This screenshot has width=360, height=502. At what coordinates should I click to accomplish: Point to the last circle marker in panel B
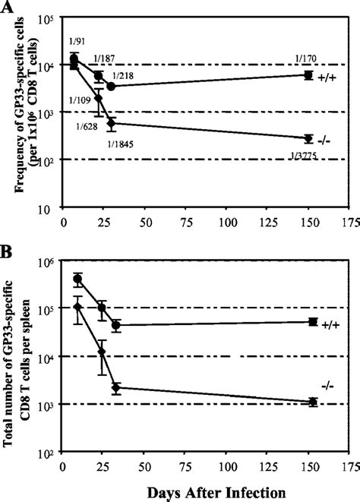coord(311,322)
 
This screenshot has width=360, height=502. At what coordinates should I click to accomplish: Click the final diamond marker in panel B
coord(311,402)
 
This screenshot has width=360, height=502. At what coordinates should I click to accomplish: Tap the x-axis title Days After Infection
coord(200,491)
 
